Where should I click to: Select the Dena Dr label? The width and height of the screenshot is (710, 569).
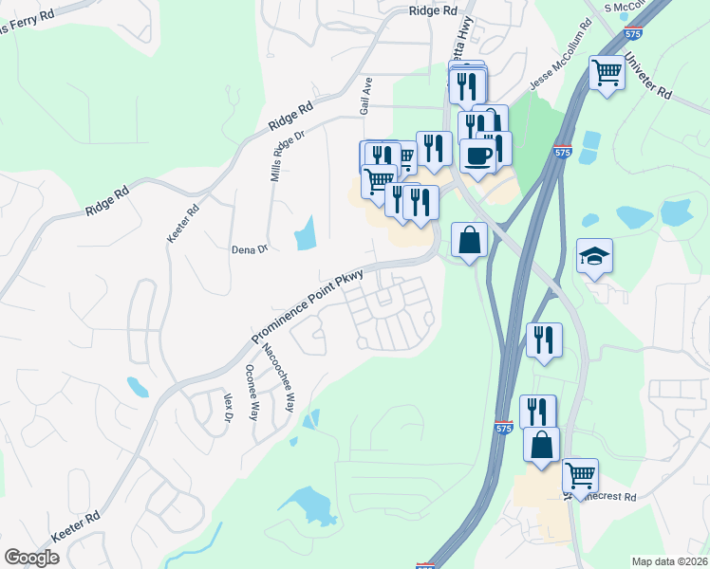point(251,250)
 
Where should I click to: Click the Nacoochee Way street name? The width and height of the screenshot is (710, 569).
point(278,385)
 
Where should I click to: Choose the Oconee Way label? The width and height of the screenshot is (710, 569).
point(252,393)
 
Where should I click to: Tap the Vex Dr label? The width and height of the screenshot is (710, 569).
point(228,409)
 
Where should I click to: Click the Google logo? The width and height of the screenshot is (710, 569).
point(32,558)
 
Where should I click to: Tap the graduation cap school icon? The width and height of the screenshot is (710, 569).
point(594,255)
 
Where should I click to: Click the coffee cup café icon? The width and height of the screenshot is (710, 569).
point(477,155)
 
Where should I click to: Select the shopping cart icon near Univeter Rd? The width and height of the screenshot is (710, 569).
point(607,71)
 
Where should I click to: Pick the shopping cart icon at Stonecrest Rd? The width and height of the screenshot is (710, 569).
point(580,474)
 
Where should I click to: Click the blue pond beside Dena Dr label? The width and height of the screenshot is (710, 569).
point(305,232)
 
